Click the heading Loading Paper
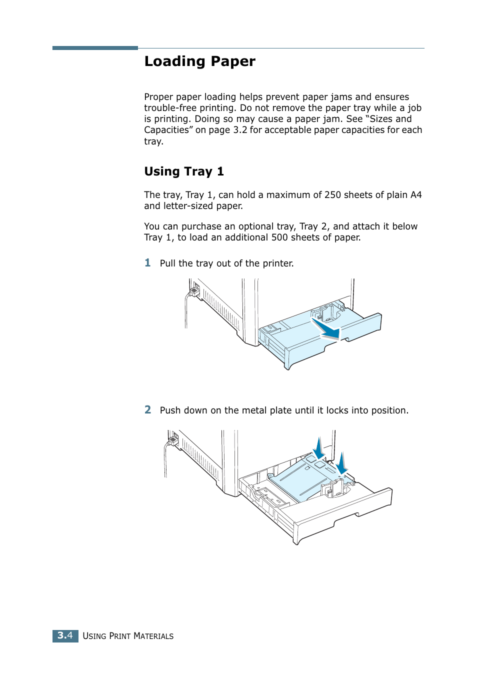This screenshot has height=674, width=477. point(199,61)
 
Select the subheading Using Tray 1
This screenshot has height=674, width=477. point(183,171)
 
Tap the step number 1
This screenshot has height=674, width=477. point(147,262)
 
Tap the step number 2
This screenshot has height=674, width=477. point(147,409)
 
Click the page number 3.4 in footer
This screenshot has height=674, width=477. point(65,635)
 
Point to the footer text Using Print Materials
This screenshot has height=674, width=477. point(128,636)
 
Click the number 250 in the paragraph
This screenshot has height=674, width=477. point(332,195)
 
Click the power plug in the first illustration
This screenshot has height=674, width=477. point(194,290)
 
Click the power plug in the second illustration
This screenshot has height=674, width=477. point(173,440)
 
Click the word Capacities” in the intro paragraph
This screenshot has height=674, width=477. point(168,130)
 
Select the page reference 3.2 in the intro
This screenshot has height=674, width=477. point(240,130)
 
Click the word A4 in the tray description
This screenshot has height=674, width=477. point(415,195)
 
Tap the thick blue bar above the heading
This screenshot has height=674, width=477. point(95,48)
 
